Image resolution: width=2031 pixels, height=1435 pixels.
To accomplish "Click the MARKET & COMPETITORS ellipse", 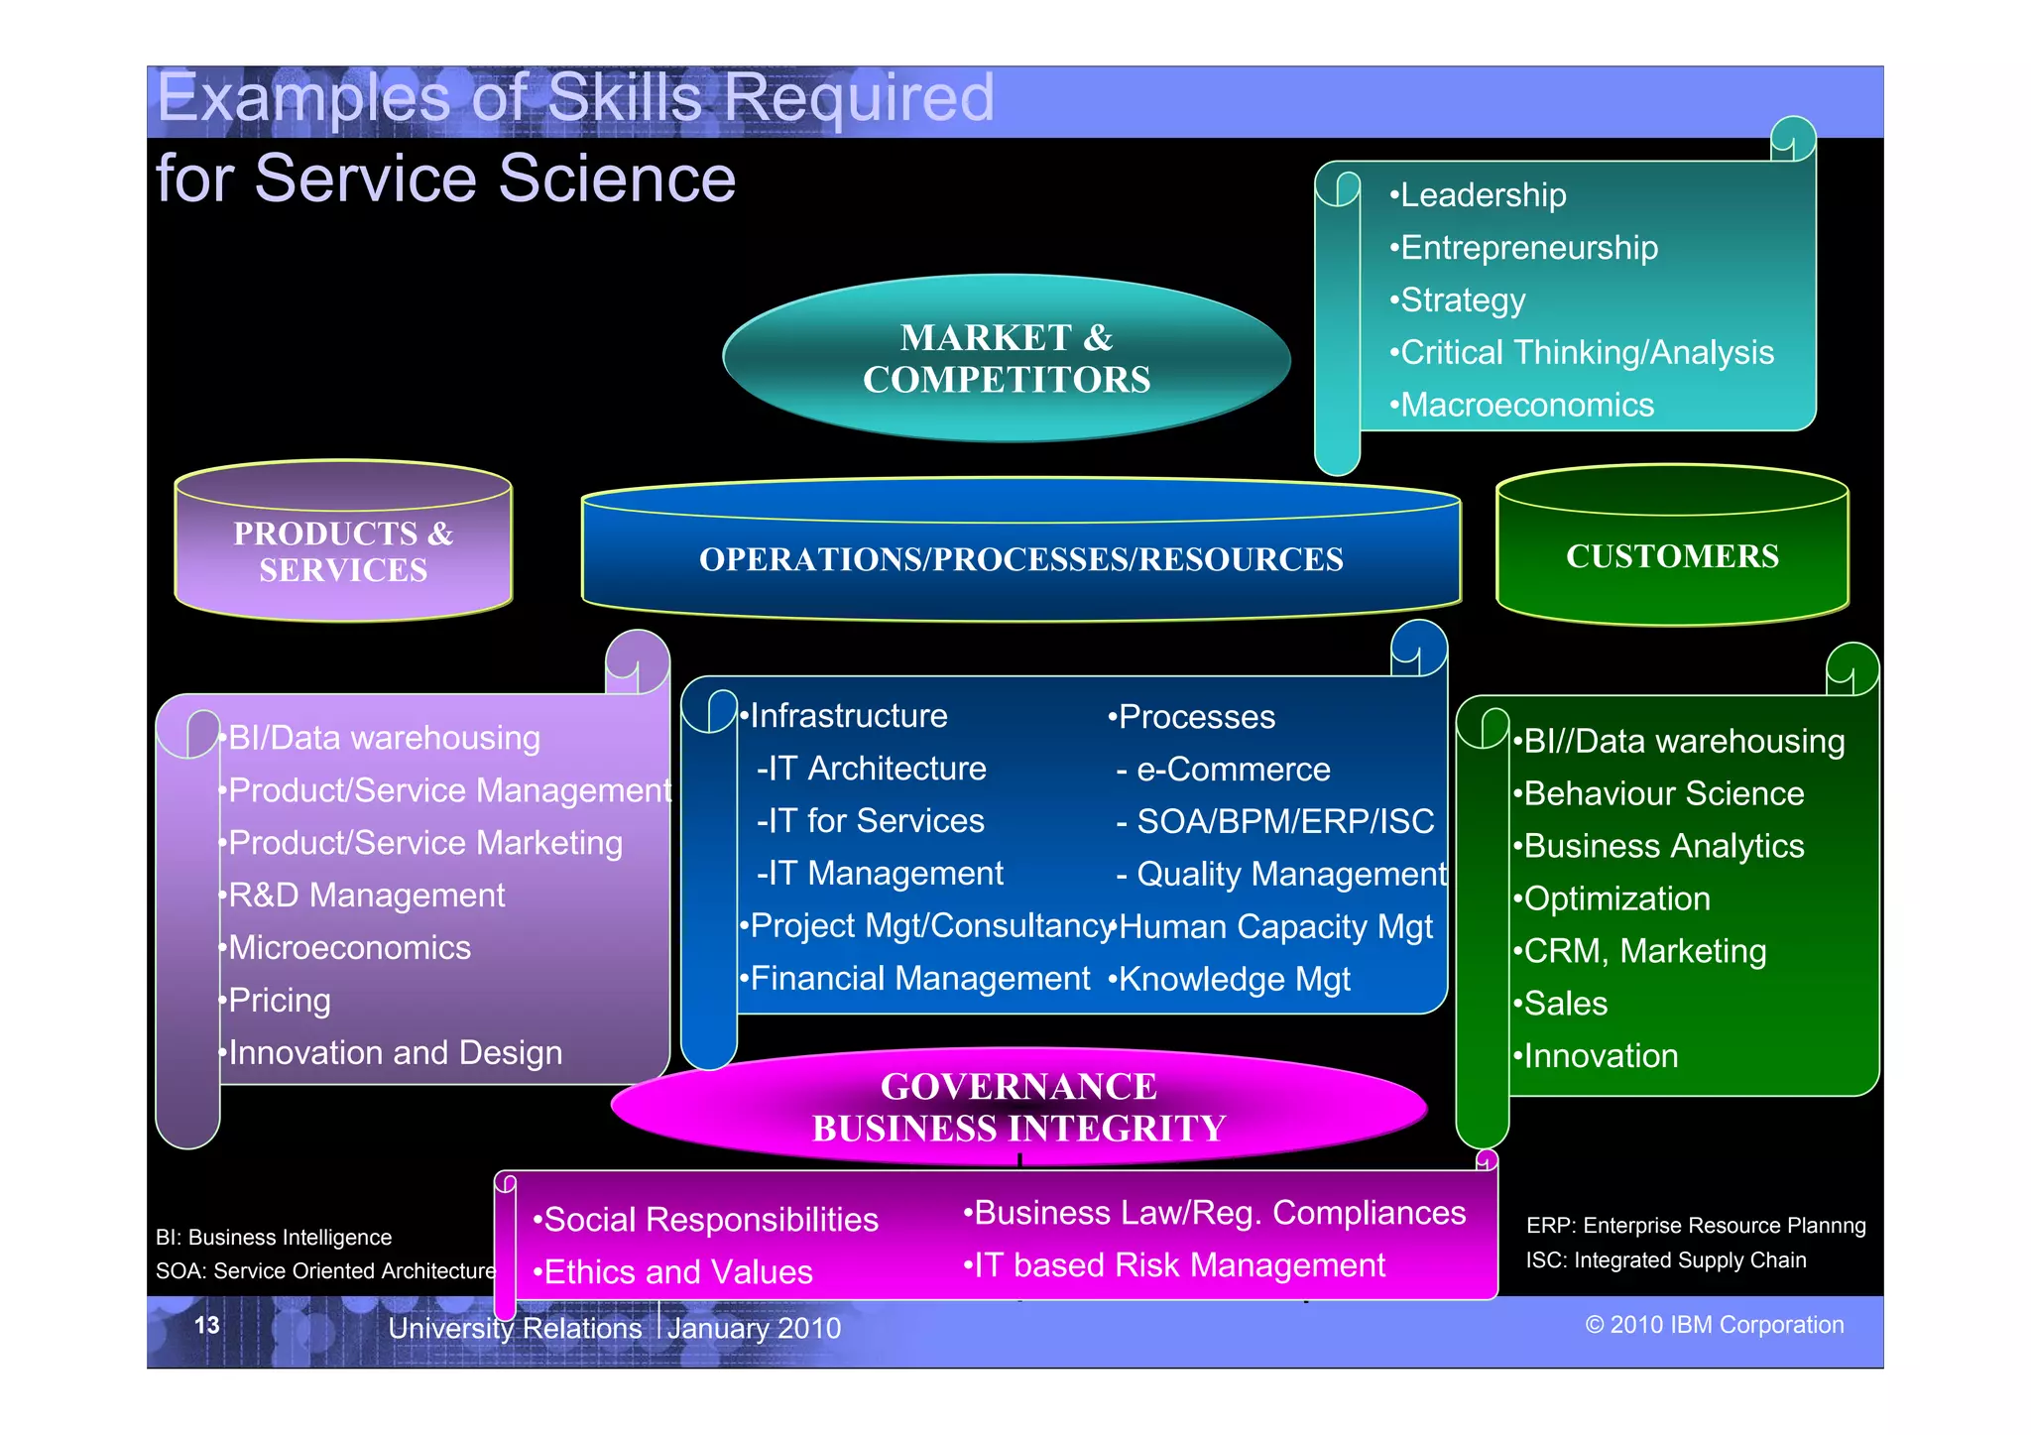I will [1006, 359].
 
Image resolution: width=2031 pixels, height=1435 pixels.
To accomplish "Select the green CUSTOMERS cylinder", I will [1672, 556].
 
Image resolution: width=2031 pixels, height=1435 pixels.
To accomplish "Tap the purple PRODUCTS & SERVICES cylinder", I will [343, 551].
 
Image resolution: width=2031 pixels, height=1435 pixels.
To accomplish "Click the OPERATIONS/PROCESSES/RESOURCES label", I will [1020, 559].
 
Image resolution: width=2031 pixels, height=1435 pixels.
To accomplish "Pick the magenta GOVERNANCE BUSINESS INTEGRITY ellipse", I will [1018, 1107].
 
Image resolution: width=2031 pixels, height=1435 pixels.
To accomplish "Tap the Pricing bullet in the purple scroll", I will [278, 1001].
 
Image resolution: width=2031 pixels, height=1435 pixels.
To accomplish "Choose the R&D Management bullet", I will [365, 896].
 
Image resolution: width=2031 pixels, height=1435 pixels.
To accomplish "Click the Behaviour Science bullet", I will [1663, 793].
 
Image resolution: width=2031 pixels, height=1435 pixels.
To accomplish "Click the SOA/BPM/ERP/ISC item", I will [1283, 821].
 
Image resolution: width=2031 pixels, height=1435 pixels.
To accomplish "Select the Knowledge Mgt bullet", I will [1233, 980].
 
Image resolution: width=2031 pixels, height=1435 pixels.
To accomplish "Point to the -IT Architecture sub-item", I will [873, 769].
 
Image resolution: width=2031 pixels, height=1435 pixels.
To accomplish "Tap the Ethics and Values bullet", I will [676, 1272].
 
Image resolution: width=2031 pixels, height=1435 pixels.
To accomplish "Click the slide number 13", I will [206, 1326].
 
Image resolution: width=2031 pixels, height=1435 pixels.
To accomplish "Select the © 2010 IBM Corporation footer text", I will [1714, 1326].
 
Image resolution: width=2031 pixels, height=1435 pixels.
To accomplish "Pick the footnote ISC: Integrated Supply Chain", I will [1665, 1260].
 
